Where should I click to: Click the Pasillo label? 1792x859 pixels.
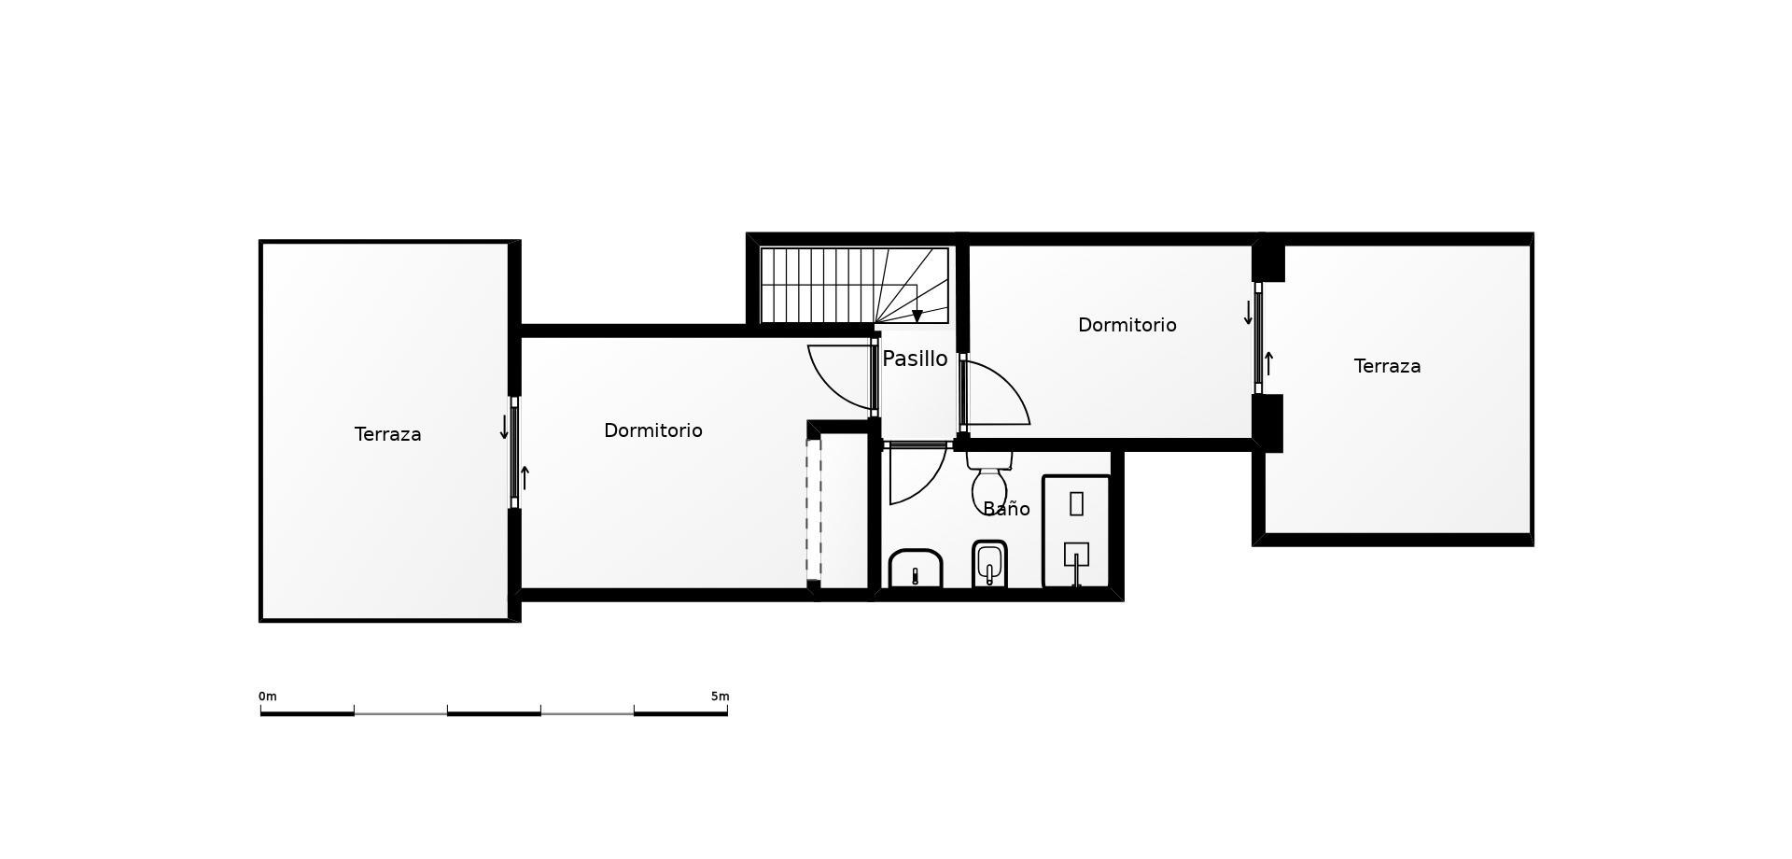[x=915, y=359]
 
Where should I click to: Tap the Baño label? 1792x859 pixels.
[x=1006, y=509]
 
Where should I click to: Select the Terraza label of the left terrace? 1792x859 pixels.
[x=388, y=434]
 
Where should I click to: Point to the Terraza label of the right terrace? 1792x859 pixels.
[x=1388, y=366]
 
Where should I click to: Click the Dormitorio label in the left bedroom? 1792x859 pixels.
[x=653, y=430]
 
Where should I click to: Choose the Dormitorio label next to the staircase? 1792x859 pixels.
[x=1127, y=325]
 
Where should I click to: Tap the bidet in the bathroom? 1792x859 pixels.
[x=989, y=564]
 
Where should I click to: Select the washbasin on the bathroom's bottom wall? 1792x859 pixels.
[x=916, y=569]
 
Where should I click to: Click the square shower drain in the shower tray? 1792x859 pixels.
[x=1076, y=554]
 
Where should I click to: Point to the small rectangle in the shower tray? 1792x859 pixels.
[x=1076, y=503]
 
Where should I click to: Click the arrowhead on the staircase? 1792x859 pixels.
[x=917, y=317]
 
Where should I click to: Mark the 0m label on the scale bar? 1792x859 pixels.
[x=268, y=697]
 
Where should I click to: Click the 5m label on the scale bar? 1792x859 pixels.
[x=720, y=697]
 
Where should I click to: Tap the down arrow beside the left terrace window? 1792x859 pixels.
[x=504, y=427]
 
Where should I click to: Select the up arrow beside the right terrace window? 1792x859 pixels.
[x=1268, y=363]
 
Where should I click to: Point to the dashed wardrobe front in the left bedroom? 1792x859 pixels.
[x=814, y=510]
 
